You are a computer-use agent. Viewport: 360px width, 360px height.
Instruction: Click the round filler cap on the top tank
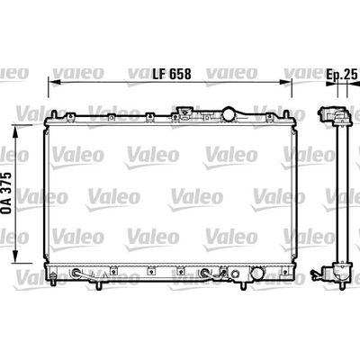(231, 114)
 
